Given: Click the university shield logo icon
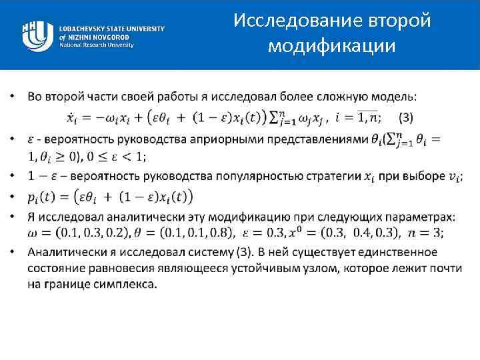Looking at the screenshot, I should [37, 34].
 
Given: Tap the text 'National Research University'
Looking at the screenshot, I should [96, 45].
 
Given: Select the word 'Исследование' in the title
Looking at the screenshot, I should [296, 21].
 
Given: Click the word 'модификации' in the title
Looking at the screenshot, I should [331, 46].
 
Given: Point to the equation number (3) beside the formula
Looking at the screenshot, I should [405, 117].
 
